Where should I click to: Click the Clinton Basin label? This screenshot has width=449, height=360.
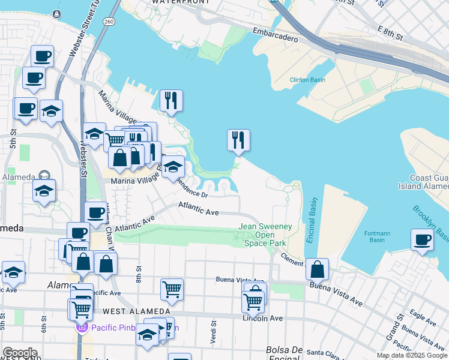[x=307, y=79]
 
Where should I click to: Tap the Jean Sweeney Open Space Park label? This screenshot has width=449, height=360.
[x=265, y=235]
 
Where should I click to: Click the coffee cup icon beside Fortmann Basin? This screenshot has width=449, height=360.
[x=422, y=241]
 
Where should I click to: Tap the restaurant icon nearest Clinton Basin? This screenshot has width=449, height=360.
[x=238, y=140]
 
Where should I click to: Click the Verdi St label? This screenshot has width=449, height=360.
[x=212, y=329]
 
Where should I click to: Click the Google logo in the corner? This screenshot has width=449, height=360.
[x=19, y=353]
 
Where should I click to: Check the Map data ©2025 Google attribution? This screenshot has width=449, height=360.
[x=412, y=355]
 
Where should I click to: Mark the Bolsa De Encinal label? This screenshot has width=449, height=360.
[x=285, y=350]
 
